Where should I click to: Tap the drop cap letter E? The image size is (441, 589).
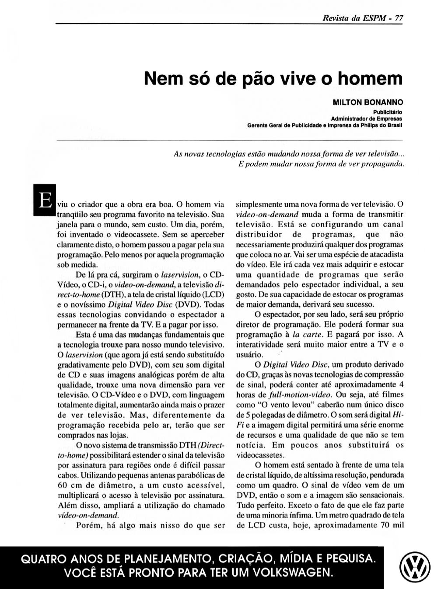[x=44, y=201]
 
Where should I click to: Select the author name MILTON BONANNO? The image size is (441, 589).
[x=367, y=102]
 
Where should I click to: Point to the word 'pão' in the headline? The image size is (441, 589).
[x=258, y=79]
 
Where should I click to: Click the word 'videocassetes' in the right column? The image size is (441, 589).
[x=260, y=454]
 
